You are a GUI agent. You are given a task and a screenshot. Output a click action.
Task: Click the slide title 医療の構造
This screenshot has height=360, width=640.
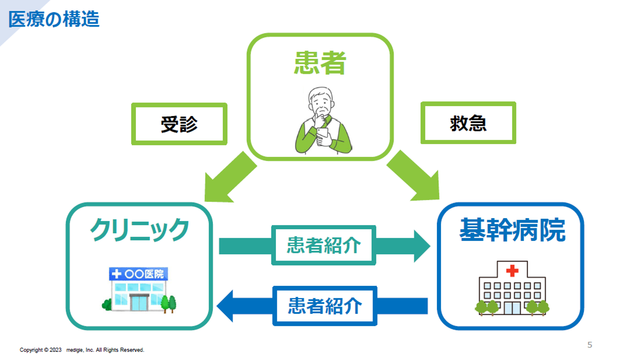click(x=54, y=20)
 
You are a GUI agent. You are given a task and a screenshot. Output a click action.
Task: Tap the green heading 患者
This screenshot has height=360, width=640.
click(x=320, y=63)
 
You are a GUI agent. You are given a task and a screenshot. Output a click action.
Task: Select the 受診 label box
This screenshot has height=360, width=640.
click(x=179, y=124)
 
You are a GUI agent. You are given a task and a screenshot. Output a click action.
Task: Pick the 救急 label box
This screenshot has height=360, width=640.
click(x=468, y=123)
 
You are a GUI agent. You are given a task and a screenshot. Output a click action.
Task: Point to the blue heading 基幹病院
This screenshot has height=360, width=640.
click(x=512, y=230)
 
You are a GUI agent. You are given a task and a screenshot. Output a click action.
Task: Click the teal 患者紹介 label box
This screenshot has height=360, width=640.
click(x=324, y=245)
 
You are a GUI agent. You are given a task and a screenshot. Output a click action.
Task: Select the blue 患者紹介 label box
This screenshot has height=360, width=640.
click(x=325, y=306)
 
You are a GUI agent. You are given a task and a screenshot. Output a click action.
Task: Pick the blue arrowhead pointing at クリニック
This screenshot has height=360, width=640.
click(x=225, y=306)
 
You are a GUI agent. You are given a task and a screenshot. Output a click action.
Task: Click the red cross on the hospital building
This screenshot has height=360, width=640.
click(x=512, y=271)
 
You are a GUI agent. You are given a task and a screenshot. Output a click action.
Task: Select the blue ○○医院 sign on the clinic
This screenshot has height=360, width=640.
click(x=139, y=274)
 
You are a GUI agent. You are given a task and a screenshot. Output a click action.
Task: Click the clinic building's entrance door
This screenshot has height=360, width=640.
click(x=139, y=302)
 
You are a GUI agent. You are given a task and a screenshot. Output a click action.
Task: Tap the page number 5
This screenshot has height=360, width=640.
click(x=590, y=345)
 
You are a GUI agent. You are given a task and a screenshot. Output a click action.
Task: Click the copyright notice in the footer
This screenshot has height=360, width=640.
click(x=82, y=350)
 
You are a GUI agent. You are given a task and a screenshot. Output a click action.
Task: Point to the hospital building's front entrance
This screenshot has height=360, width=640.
click(x=512, y=308)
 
